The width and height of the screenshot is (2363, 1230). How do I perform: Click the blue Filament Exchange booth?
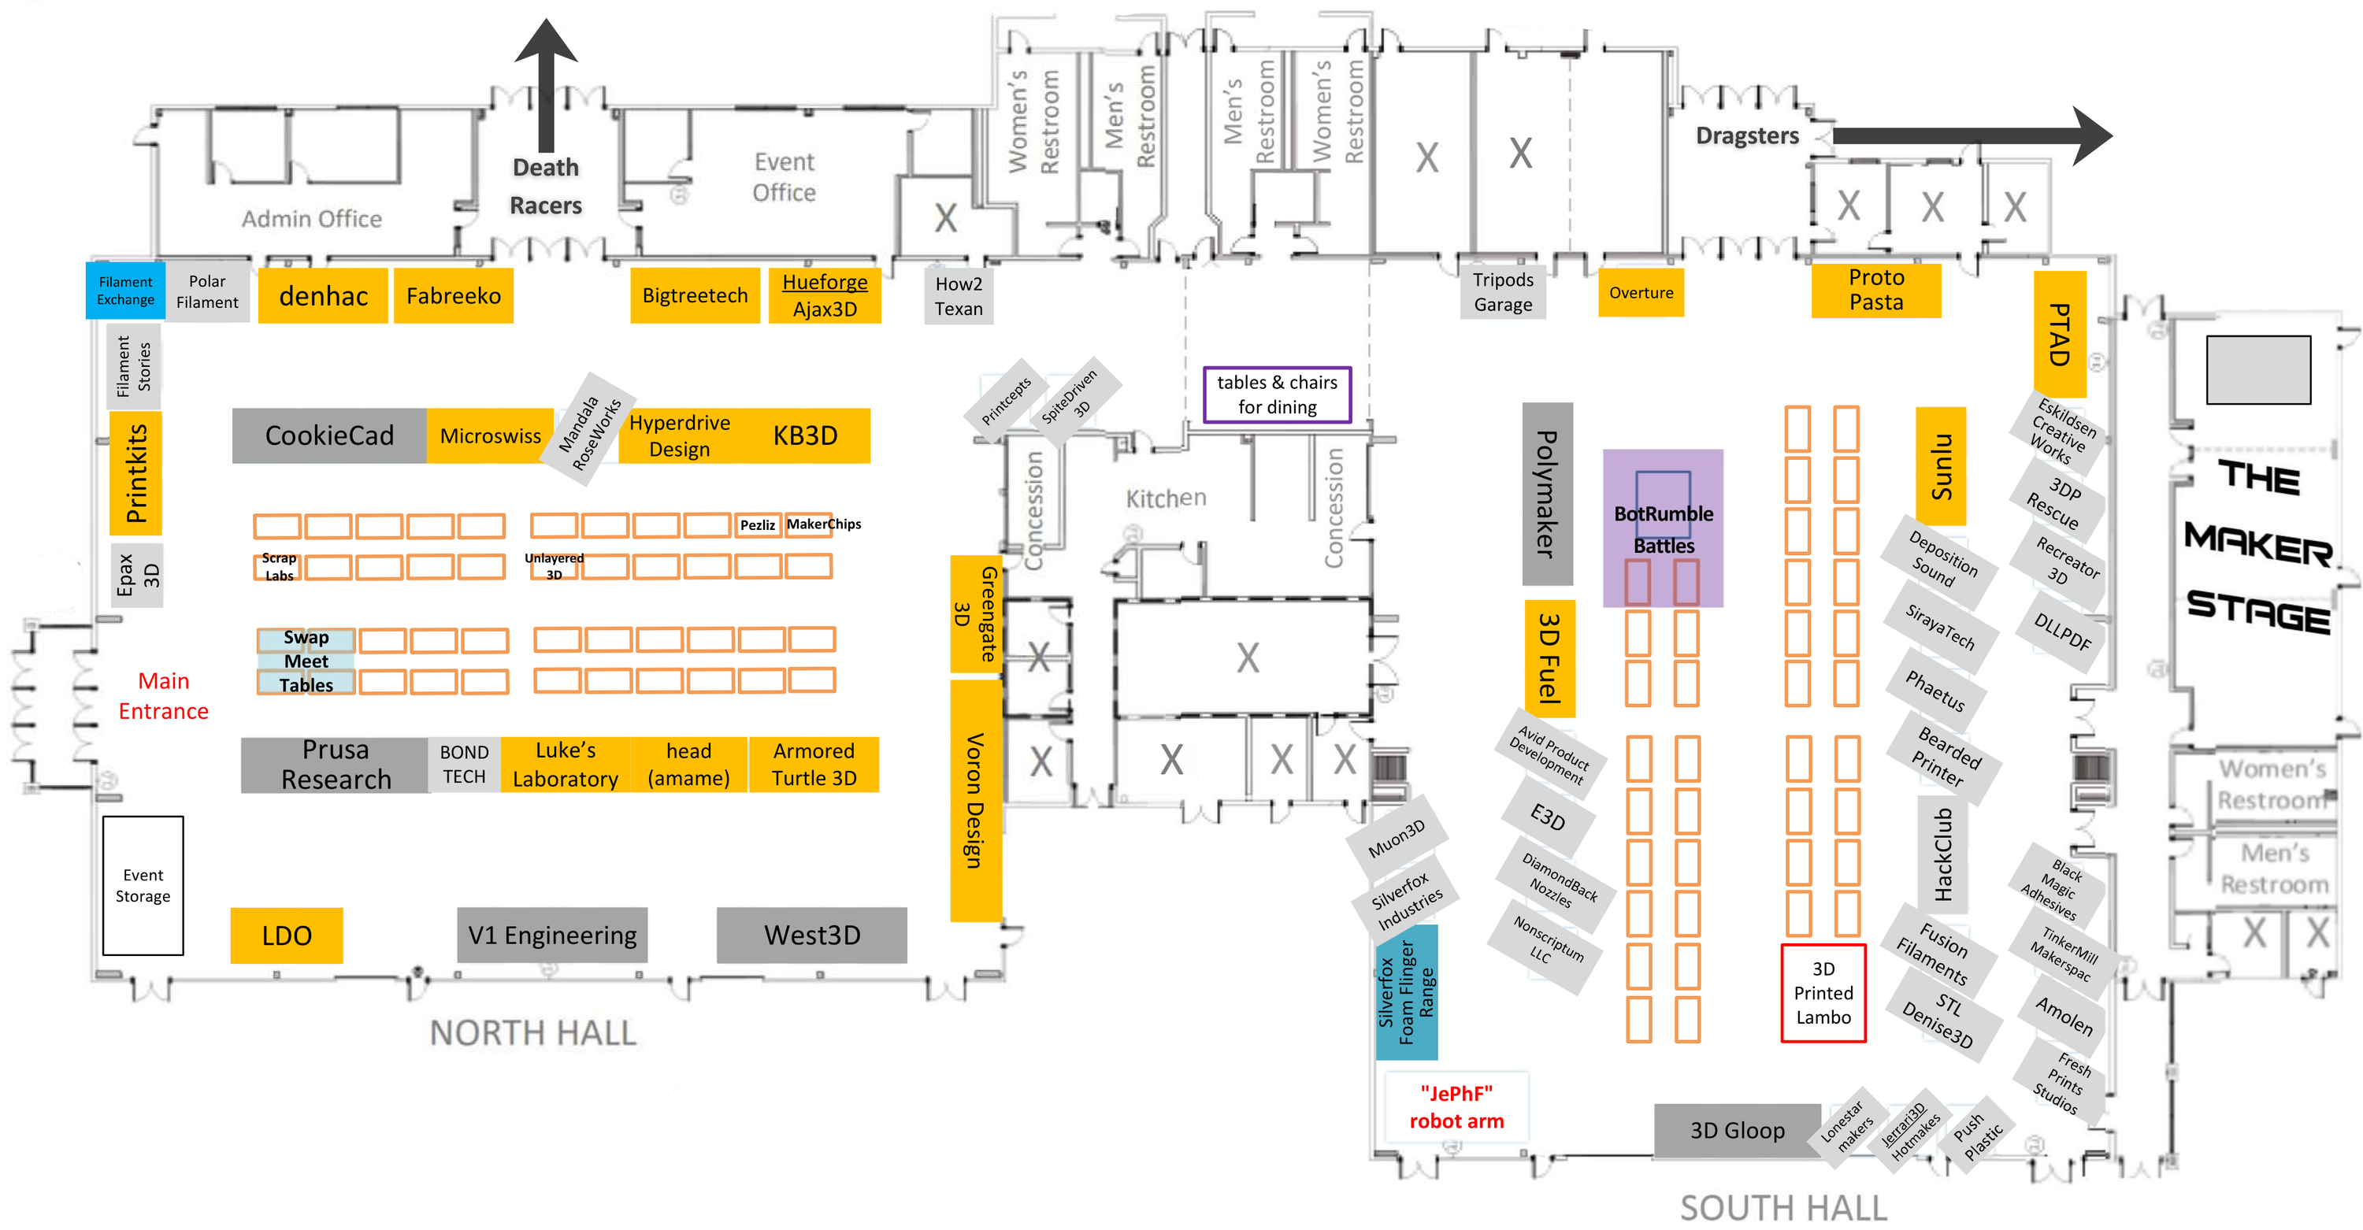[126, 291]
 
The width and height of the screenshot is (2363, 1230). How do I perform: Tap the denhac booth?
[323, 295]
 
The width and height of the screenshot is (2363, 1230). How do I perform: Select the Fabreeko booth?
[453, 295]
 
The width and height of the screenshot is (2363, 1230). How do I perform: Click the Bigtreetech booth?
[695, 295]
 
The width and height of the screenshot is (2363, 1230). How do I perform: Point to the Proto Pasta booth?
[1876, 290]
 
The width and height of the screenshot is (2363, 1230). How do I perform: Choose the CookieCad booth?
[329, 435]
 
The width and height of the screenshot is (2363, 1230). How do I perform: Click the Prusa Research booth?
[335, 764]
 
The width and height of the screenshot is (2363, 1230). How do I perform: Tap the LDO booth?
[286, 935]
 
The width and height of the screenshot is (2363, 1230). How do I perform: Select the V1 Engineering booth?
[552, 935]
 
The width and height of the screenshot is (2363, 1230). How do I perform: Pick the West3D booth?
[812, 935]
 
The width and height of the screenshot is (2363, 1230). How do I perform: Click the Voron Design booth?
[975, 801]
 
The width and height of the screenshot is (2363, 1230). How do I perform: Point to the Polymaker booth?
[1548, 494]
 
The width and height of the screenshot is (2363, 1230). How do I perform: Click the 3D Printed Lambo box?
[1823, 993]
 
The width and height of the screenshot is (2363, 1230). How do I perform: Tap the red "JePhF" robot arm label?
[1456, 1107]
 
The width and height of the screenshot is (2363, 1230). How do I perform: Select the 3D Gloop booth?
[1738, 1130]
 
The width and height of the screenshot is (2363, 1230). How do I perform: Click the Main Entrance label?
[163, 696]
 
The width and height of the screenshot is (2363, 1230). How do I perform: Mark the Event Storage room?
[143, 886]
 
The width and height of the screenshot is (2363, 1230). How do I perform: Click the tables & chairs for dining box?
[1277, 395]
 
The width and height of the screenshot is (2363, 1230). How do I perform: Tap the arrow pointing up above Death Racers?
[546, 85]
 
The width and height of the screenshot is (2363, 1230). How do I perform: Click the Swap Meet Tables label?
[306, 661]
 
